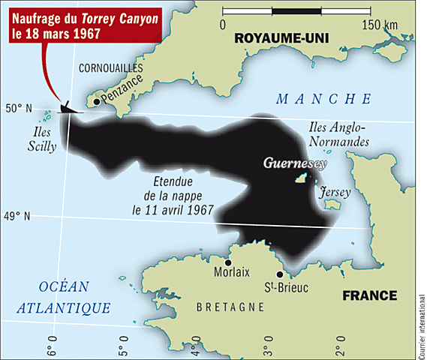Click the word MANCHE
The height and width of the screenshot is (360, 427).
[323, 99]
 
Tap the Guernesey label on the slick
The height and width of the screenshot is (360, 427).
[289, 162]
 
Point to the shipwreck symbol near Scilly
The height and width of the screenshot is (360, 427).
[66, 109]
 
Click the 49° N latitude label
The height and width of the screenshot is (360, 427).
[18, 217]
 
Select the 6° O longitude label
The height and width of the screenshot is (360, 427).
[52, 348]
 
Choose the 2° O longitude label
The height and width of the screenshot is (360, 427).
[340, 348]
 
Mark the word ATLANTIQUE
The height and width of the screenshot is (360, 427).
[65, 307]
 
